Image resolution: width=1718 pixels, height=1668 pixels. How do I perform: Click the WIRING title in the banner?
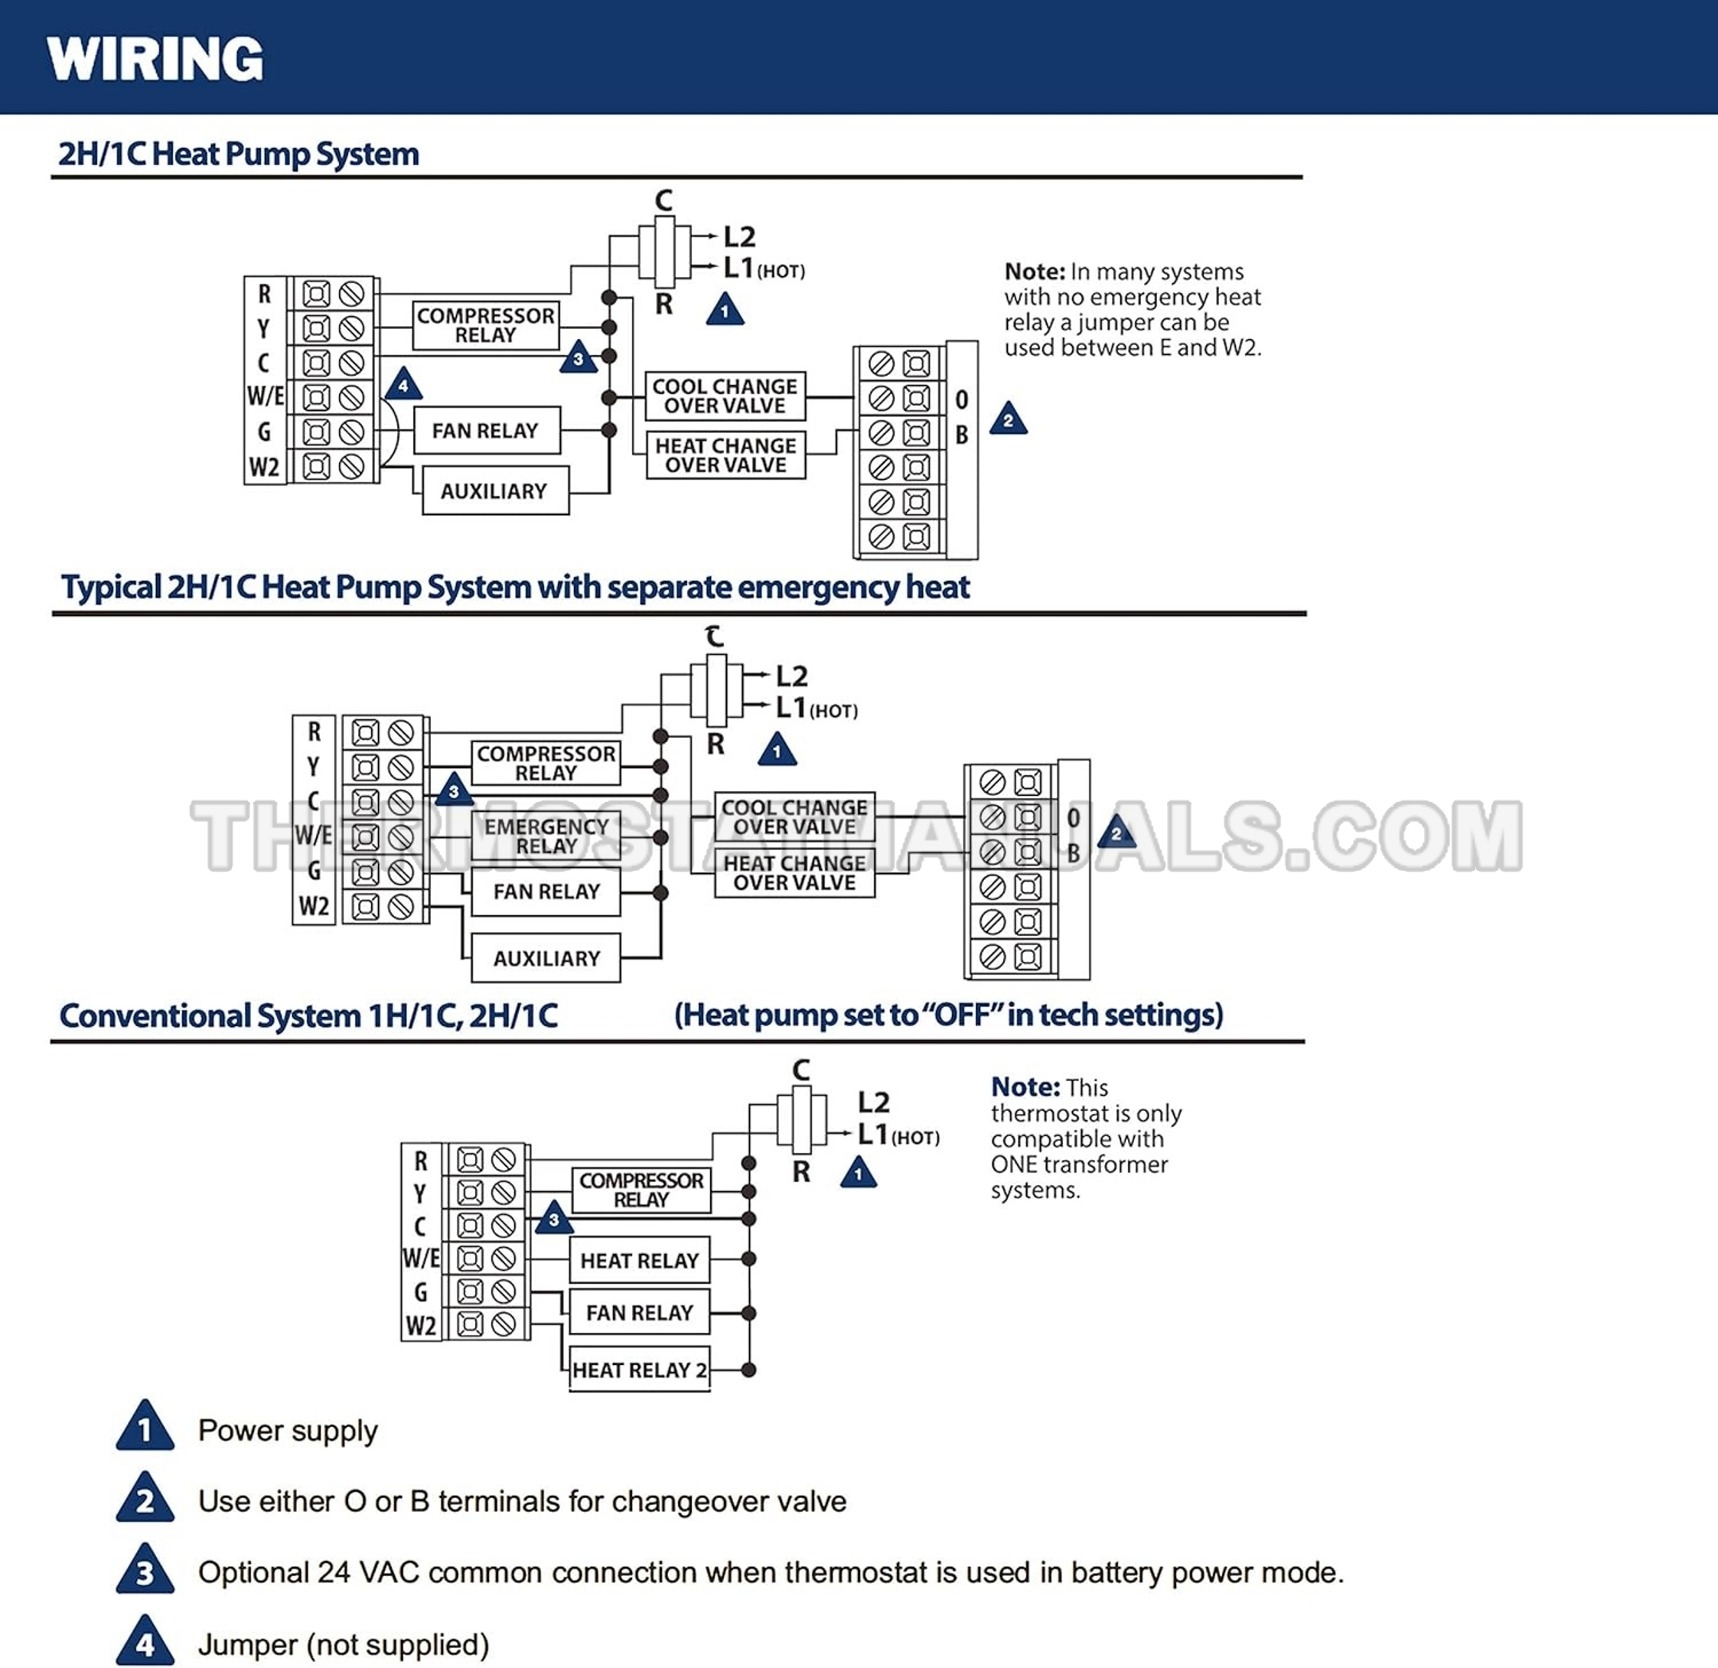(x=155, y=60)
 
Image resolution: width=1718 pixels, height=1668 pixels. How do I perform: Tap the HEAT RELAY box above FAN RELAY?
(x=639, y=1260)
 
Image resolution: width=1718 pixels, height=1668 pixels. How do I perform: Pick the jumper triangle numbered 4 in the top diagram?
(x=403, y=385)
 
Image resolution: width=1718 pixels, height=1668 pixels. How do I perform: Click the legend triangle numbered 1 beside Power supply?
(x=145, y=1428)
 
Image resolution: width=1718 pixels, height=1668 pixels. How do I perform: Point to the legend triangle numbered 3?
(x=145, y=1571)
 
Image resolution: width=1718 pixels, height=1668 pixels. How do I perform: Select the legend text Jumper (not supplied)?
(x=343, y=1644)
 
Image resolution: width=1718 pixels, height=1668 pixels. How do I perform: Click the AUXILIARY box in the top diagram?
(x=494, y=491)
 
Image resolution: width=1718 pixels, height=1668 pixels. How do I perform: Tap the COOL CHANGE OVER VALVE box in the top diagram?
(x=725, y=396)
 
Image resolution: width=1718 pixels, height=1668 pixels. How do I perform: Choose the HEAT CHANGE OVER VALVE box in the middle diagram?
(x=794, y=873)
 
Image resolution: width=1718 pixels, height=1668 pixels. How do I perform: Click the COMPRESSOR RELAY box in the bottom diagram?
(x=641, y=1191)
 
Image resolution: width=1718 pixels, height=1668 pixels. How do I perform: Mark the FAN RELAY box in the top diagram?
(x=487, y=430)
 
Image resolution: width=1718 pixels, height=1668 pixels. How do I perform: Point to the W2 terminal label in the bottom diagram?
(x=421, y=1325)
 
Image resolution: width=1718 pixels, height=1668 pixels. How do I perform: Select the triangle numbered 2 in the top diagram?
(x=1008, y=420)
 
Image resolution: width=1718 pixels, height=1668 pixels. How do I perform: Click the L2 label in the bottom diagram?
(x=873, y=1102)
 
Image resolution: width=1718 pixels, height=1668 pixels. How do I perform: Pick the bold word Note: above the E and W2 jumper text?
(x=1035, y=272)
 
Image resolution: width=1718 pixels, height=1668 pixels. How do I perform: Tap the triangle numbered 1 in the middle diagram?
(x=777, y=751)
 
